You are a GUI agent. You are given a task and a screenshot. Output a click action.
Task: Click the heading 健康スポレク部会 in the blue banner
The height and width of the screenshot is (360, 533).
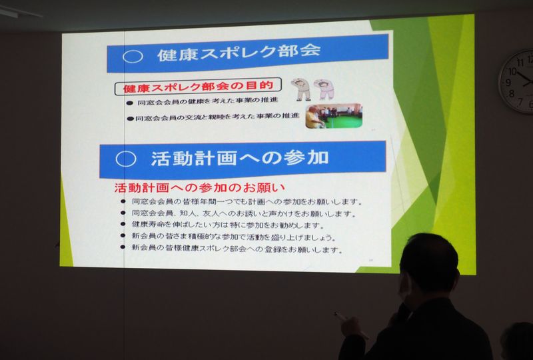(239, 53)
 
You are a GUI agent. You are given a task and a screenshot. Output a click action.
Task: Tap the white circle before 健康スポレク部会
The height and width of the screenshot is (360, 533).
(133, 57)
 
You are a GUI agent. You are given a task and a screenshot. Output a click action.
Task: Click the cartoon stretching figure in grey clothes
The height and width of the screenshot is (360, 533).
(302, 89)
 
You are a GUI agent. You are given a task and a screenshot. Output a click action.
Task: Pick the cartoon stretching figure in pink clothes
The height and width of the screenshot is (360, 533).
(324, 89)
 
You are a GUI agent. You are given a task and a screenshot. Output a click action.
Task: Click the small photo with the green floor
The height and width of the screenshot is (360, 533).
(334, 116)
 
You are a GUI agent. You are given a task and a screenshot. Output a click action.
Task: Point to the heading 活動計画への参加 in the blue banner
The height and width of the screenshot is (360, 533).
(240, 158)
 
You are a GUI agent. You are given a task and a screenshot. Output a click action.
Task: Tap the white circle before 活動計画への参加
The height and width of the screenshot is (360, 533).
(126, 159)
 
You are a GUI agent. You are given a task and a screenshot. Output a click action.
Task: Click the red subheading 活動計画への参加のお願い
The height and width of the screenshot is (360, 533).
(199, 188)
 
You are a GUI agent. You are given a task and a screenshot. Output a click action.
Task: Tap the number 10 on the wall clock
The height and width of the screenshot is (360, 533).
(512, 72)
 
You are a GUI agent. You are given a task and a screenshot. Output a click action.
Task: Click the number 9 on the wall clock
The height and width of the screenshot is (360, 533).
(508, 83)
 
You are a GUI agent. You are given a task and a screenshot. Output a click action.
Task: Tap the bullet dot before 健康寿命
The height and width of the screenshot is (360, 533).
(123, 224)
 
